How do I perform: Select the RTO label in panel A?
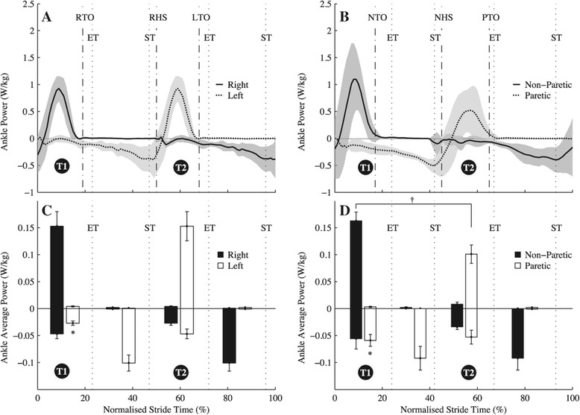click(84, 16)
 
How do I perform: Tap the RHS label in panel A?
click(157, 16)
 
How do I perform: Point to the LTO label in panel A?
click(200, 16)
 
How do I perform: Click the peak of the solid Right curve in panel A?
click(58, 89)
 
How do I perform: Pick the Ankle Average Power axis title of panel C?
click(9, 294)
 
